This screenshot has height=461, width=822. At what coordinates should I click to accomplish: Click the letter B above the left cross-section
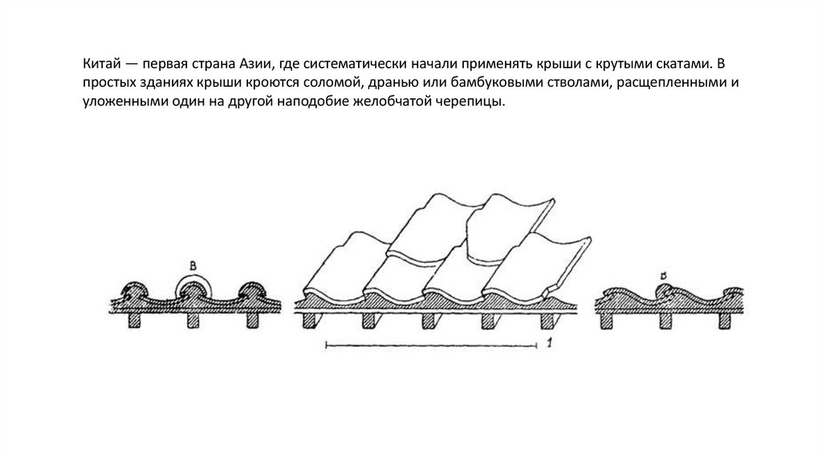pyautogui.click(x=193, y=264)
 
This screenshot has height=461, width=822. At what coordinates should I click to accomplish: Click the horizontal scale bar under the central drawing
pyautogui.click(x=430, y=346)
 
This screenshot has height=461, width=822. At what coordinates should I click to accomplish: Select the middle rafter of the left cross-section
pyautogui.click(x=195, y=320)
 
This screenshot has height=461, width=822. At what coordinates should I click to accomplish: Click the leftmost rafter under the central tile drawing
pyautogui.click(x=309, y=320)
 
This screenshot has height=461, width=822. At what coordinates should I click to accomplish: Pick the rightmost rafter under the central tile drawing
pyautogui.click(x=547, y=320)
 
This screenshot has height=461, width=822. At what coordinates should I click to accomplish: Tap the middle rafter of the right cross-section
pyautogui.click(x=665, y=320)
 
